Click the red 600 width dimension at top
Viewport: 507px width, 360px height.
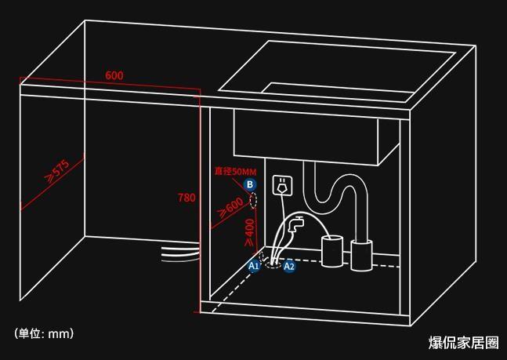click(114, 75)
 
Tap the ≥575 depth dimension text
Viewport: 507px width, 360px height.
click(58, 170)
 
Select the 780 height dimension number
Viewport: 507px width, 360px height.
click(187, 198)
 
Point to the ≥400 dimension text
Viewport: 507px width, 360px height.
click(250, 232)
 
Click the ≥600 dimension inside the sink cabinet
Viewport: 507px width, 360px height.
click(231, 207)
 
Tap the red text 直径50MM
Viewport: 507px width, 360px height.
click(235, 171)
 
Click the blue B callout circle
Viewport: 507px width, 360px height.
click(250, 184)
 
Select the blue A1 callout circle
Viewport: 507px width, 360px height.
click(254, 266)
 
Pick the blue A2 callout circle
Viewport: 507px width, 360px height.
click(288, 266)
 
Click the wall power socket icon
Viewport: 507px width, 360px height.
click(282, 186)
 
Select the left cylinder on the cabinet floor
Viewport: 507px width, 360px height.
click(331, 251)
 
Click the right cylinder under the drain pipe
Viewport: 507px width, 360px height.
click(361, 255)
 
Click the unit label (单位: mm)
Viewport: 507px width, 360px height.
click(44, 333)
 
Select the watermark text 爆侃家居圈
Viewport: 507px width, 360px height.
click(464, 343)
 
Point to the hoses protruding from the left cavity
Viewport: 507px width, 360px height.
click(180, 253)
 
